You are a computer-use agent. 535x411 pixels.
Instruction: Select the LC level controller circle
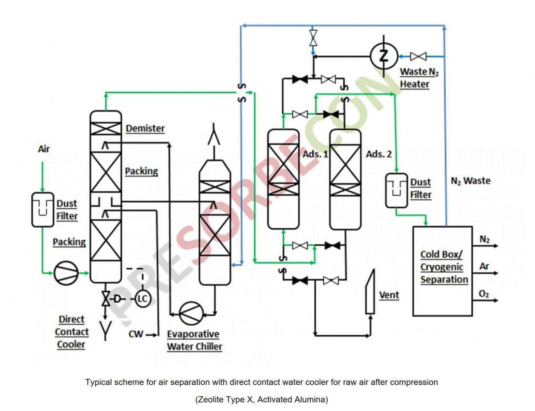pyautogui.click(x=143, y=298)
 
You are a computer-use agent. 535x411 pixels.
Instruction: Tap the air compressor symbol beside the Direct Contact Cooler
pyautogui.click(x=66, y=273)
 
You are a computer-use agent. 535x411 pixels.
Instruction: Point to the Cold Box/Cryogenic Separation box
pyautogui.click(x=442, y=271)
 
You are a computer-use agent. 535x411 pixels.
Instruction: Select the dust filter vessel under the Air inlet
pyautogui.click(x=42, y=210)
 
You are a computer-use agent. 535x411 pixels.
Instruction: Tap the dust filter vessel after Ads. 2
pyautogui.click(x=396, y=190)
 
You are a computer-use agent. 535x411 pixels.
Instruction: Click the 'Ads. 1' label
pyautogui.click(x=315, y=154)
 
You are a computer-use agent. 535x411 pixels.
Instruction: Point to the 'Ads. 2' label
pyautogui.click(x=379, y=154)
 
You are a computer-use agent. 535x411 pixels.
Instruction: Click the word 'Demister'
pyautogui.click(x=145, y=128)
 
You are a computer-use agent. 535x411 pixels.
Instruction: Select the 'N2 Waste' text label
pyautogui.click(x=470, y=181)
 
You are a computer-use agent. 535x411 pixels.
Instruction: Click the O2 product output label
pyautogui.click(x=484, y=294)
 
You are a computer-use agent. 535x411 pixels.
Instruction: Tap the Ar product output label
pyautogui.click(x=484, y=267)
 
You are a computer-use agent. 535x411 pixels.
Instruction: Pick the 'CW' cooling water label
pyautogui.click(x=136, y=334)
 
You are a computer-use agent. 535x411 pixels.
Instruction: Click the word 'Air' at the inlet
pyautogui.click(x=44, y=149)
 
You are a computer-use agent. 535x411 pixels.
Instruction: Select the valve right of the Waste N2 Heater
pyautogui.click(x=418, y=56)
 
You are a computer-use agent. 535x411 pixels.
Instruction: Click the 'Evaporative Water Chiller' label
pyautogui.click(x=194, y=340)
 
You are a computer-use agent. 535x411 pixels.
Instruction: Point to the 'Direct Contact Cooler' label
pyautogui.click(x=71, y=332)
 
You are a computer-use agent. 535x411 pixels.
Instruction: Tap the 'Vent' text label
pyautogui.click(x=389, y=295)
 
